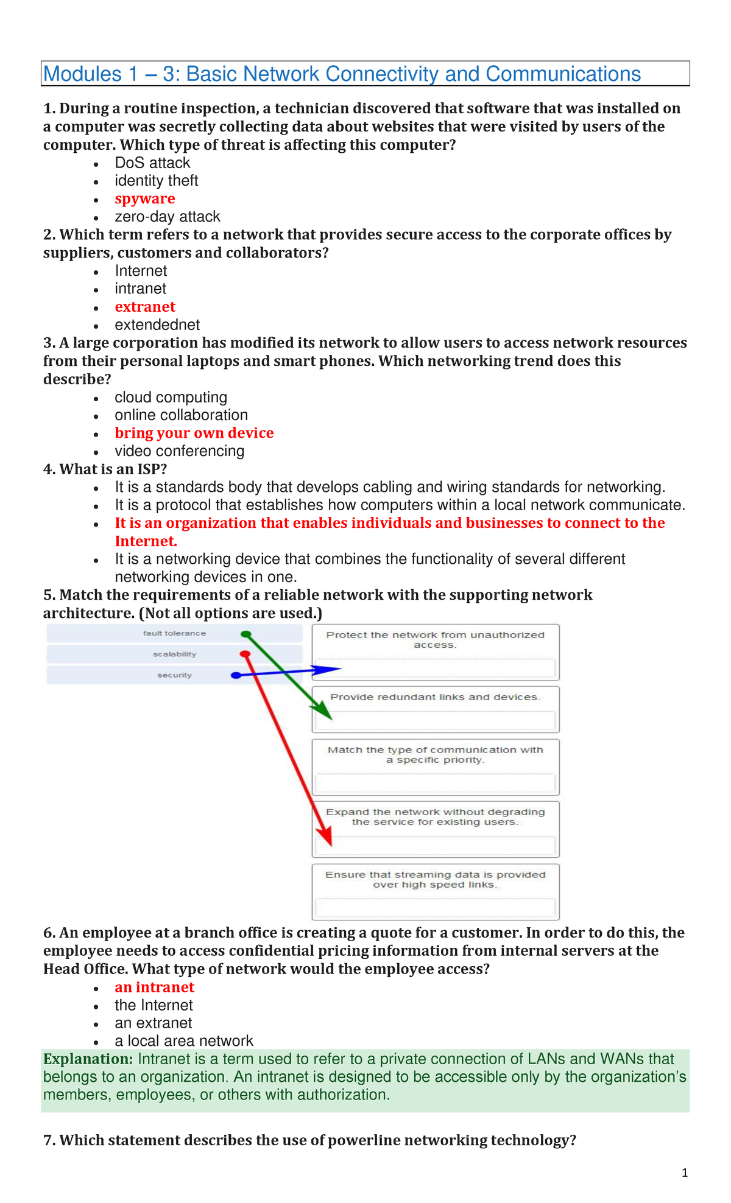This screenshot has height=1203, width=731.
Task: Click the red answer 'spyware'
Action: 144,199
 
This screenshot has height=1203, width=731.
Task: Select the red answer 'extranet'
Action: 145,307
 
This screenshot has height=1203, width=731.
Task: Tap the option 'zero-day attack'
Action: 168,217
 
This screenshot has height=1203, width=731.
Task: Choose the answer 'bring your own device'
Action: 194,433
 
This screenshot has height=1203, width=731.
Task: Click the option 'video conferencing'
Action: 179,451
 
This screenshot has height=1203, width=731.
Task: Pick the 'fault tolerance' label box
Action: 174,634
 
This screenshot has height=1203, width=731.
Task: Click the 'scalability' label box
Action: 174,654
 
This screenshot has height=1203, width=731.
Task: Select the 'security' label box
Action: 174,675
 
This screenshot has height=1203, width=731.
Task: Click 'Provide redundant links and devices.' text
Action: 435,697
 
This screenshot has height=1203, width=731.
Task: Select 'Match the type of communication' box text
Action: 435,755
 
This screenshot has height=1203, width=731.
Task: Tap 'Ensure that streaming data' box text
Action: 435,880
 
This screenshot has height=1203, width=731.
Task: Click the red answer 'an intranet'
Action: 154,987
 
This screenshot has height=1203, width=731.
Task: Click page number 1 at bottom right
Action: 685,1173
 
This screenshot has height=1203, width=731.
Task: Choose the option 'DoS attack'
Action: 152,163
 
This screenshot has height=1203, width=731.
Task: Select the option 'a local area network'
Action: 183,1041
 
